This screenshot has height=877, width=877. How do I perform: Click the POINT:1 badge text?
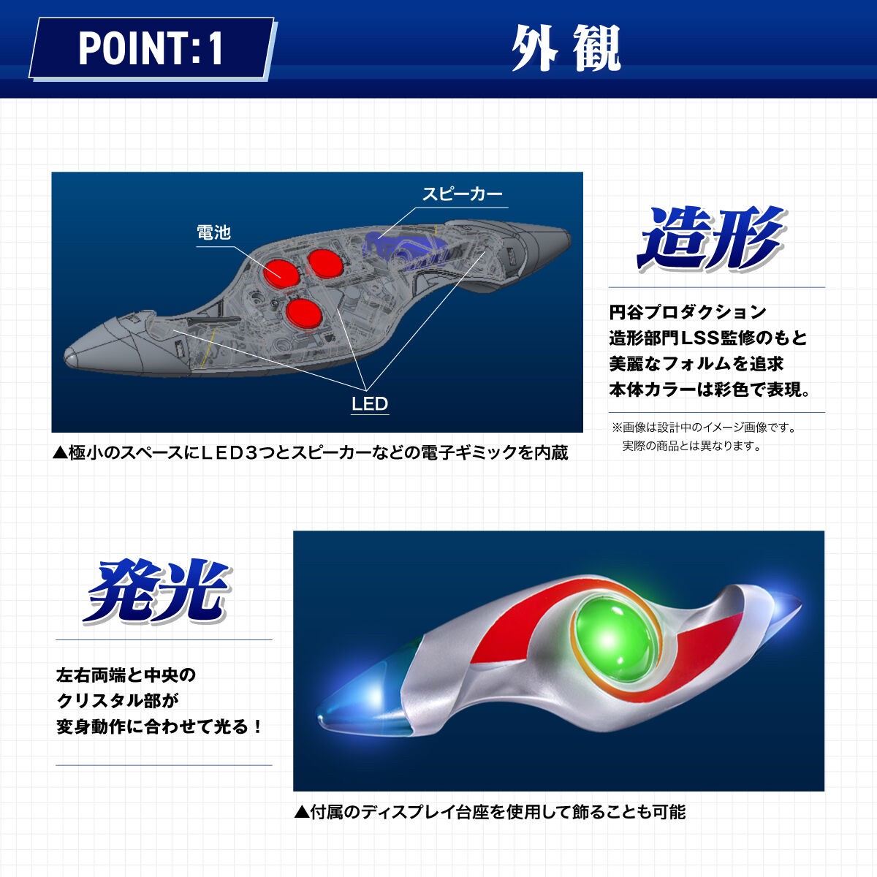click(151, 48)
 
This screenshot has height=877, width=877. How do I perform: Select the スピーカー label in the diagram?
click(462, 194)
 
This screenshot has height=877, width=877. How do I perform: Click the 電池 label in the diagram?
click(213, 232)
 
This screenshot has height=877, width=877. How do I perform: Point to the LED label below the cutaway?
click(370, 404)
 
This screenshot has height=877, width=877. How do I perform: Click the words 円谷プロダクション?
click(688, 312)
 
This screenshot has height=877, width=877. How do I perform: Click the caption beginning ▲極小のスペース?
click(311, 453)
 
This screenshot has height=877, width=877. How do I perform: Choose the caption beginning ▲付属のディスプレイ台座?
click(490, 812)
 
